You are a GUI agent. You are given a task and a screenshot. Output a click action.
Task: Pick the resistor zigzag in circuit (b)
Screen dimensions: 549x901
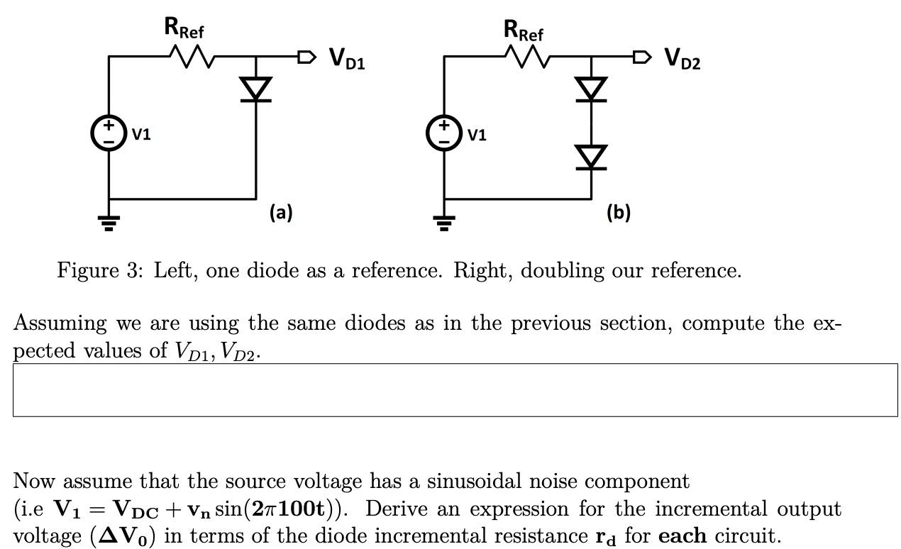click(x=523, y=55)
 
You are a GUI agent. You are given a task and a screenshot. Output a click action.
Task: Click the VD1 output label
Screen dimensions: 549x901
click(x=347, y=60)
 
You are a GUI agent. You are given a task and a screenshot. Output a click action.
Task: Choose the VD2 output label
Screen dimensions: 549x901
click(x=682, y=60)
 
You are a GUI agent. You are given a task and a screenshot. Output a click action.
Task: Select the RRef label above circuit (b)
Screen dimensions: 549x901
click(x=523, y=30)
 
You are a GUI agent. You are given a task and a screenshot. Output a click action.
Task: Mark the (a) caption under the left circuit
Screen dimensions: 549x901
click(x=280, y=211)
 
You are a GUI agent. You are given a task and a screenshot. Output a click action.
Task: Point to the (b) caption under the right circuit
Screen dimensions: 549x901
click(x=617, y=211)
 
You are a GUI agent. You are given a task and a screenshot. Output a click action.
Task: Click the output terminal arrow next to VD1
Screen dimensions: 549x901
click(x=305, y=55)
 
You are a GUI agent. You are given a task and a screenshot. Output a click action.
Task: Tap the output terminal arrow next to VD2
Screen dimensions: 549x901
click(x=641, y=55)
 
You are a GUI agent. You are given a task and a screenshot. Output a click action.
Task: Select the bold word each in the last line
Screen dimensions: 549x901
click(x=682, y=535)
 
